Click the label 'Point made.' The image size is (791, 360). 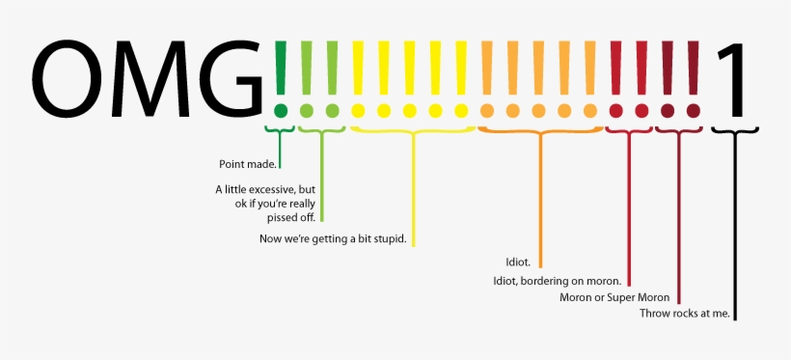[248, 165]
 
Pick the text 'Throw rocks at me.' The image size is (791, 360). [685, 314]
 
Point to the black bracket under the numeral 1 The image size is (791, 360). [736, 129]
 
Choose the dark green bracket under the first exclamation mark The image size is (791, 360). [280, 128]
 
